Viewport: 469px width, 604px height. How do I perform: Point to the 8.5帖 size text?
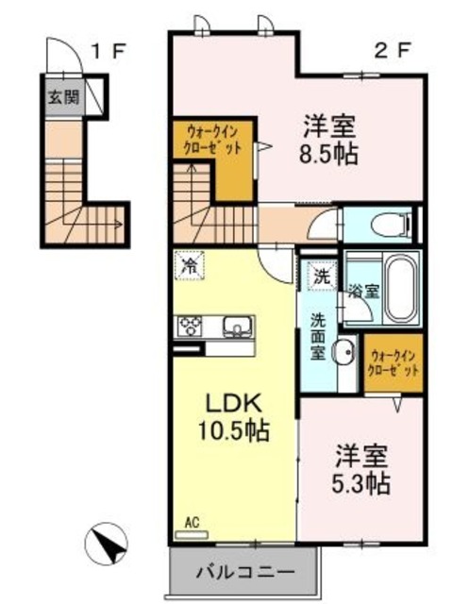click(329, 155)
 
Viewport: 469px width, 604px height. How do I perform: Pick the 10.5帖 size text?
click(232, 432)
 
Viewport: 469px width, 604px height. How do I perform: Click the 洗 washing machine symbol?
click(322, 277)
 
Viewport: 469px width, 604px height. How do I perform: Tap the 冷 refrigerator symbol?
click(190, 265)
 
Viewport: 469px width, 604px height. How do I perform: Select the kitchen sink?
click(236, 327)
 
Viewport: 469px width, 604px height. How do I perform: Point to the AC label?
click(192, 520)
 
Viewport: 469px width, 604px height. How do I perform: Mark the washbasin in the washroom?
click(343, 352)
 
